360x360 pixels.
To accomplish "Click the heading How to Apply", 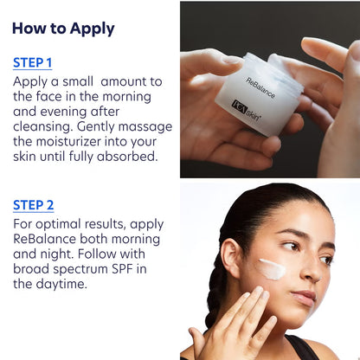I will [x=63, y=28].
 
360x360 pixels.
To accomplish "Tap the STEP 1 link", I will [x=33, y=62].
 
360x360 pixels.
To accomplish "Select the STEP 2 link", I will [x=33, y=205].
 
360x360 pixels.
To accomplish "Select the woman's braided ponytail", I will [x=216, y=286].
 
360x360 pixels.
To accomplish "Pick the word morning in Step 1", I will [x=134, y=95].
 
